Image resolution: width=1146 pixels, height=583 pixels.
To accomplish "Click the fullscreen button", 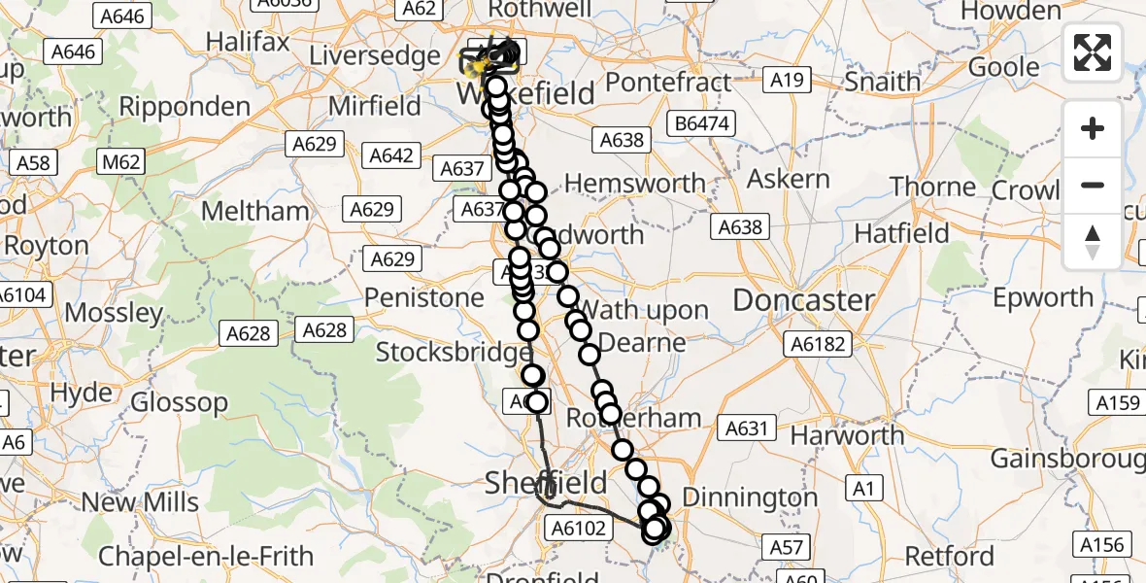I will pyautogui.click(x=1093, y=52).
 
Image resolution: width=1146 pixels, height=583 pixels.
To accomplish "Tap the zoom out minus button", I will pyautogui.click(x=1093, y=185).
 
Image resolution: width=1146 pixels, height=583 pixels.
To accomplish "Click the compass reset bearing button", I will pyautogui.click(x=1093, y=241).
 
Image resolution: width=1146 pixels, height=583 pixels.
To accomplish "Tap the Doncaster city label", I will pyautogui.click(x=804, y=300).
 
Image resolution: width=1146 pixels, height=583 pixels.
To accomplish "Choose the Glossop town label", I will pyautogui.click(x=179, y=401).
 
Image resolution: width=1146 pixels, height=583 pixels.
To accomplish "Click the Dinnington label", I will pyautogui.click(x=750, y=497).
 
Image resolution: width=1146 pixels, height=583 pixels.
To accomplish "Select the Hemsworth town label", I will pyautogui.click(x=635, y=183).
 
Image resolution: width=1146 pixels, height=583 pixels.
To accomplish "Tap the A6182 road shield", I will pyautogui.click(x=819, y=343).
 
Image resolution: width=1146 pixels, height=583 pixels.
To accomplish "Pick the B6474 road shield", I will pyautogui.click(x=701, y=123).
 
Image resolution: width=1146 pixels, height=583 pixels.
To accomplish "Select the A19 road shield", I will pyautogui.click(x=786, y=79).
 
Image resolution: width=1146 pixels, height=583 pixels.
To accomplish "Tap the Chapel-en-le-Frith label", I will pyautogui.click(x=206, y=556).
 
